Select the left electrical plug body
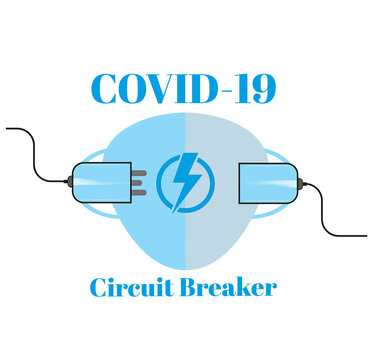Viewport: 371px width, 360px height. click(100, 183)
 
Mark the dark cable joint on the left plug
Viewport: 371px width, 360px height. click(68, 183)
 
